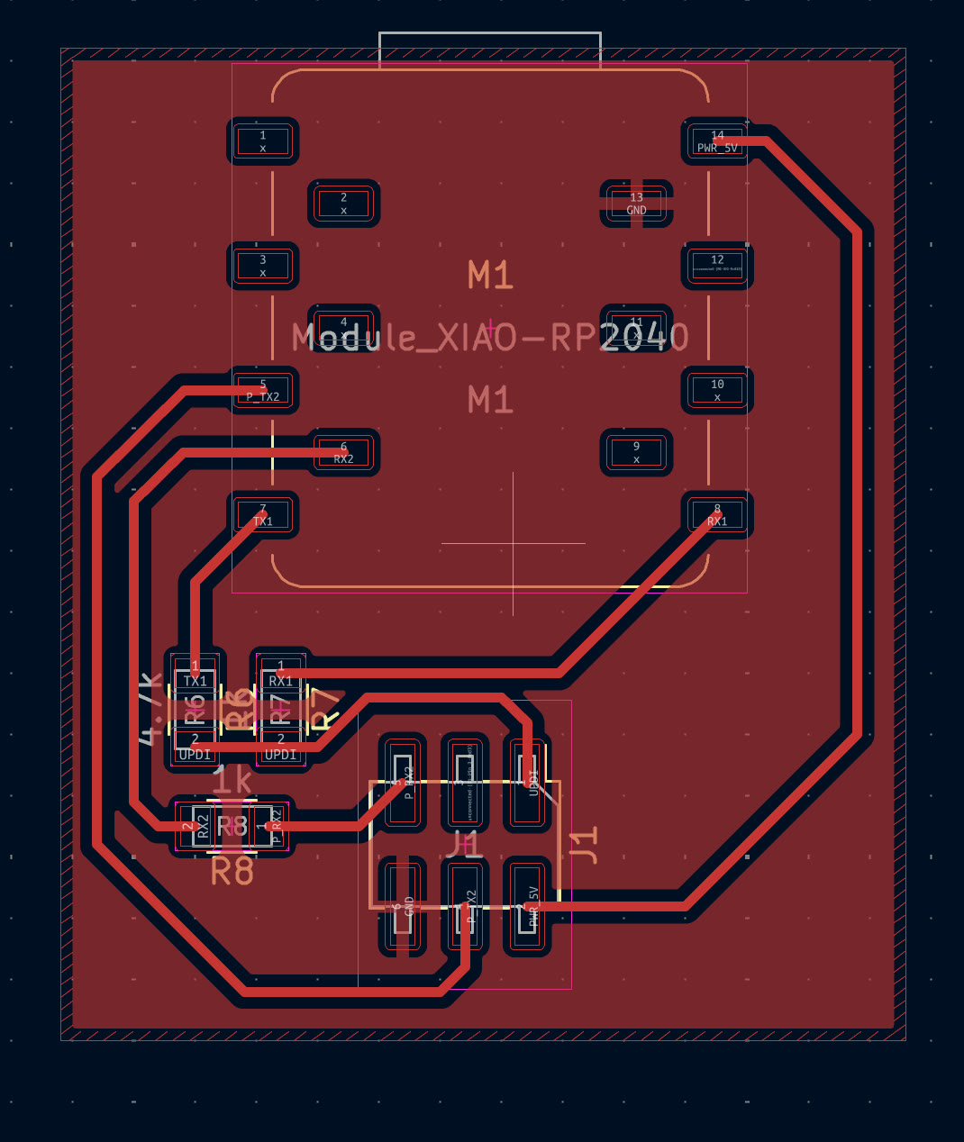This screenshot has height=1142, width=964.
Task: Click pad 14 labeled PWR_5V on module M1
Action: pos(717,141)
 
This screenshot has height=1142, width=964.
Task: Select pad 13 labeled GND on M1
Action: pos(636,204)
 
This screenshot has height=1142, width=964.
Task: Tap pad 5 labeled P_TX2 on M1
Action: pos(263,390)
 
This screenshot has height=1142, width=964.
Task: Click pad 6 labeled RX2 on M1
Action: pos(343,452)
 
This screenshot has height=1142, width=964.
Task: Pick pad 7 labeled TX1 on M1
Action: pos(263,515)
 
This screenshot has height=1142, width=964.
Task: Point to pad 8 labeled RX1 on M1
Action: pos(717,515)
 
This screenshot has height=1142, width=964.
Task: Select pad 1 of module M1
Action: pos(263,141)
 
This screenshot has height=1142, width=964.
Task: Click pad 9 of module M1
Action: pos(636,452)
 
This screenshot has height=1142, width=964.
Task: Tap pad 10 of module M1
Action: pos(717,390)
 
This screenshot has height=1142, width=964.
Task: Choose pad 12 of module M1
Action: pos(717,266)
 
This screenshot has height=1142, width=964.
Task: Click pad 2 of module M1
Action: pos(343,204)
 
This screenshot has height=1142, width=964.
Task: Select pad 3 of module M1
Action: pos(263,266)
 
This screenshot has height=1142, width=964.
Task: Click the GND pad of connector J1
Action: pos(403,907)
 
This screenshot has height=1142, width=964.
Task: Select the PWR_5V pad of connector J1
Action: pos(527,907)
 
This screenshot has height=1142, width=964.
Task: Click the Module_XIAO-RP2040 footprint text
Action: pos(490,339)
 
